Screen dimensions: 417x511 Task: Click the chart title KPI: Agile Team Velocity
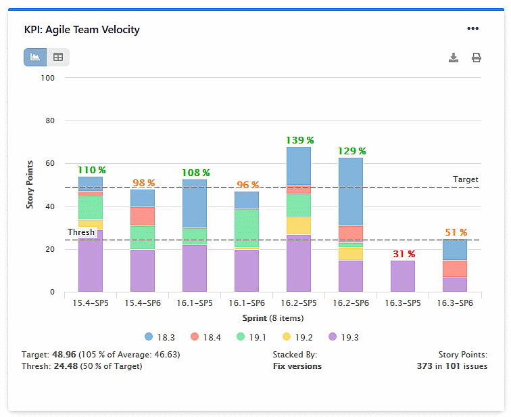[x=81, y=29]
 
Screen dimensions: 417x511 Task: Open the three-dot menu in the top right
[x=472, y=28]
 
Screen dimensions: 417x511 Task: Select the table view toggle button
[x=58, y=58]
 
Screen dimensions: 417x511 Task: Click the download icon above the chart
[x=454, y=58]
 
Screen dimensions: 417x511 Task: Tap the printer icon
[x=477, y=58]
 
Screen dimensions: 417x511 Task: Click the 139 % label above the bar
[x=299, y=140]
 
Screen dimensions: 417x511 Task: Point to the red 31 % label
[x=403, y=254]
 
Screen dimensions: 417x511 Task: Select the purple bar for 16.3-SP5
[x=403, y=276]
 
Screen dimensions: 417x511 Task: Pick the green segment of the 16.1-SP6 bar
[x=247, y=228]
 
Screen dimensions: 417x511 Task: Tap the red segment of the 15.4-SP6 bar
[x=143, y=216]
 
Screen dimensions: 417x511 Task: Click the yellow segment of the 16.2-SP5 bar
[x=299, y=225]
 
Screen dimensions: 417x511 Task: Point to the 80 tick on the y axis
[x=50, y=121]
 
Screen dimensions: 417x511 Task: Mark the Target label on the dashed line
[x=465, y=179]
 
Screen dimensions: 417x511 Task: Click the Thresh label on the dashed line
[x=81, y=232]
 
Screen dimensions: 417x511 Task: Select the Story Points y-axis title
[x=30, y=185]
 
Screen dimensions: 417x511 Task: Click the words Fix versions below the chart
[x=297, y=366]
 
